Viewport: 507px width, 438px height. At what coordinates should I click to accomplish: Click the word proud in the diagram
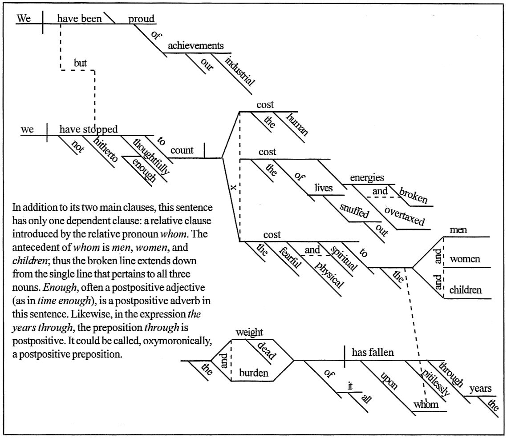(142, 19)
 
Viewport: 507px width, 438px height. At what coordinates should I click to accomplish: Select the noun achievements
(195, 46)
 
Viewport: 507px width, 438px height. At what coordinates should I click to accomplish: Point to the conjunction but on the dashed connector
(80, 63)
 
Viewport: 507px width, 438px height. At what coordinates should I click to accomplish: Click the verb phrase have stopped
(89, 129)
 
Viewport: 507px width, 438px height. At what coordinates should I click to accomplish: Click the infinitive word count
(182, 150)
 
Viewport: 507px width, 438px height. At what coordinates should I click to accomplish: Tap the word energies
(367, 178)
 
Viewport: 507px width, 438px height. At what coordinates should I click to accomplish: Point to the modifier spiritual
(343, 257)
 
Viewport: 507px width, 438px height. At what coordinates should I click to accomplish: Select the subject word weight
(249, 332)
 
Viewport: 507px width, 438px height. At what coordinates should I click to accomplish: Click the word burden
(254, 373)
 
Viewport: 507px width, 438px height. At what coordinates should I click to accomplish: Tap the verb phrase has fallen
(373, 353)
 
